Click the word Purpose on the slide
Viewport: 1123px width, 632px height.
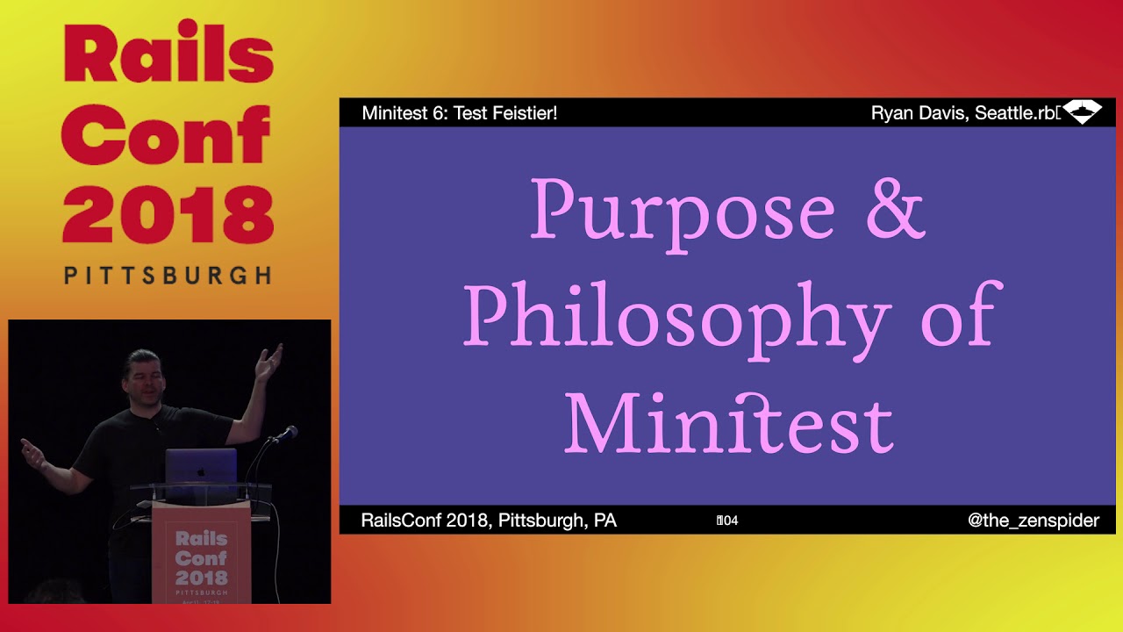(682, 211)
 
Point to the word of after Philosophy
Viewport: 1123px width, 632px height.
(961, 314)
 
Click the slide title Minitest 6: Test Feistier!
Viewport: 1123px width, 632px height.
(459, 113)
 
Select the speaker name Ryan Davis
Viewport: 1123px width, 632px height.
(918, 113)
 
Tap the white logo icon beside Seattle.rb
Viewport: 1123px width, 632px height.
(1082, 112)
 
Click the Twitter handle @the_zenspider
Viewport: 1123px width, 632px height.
(1033, 521)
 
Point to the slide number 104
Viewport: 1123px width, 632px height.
(727, 521)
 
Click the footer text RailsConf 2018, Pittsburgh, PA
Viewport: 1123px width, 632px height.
(489, 521)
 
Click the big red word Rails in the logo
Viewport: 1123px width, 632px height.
(168, 55)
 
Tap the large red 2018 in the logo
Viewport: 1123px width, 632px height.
(168, 216)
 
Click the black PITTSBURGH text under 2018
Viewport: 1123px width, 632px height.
(168, 276)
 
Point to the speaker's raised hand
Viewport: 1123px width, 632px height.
(269, 361)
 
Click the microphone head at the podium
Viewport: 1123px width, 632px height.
(289, 432)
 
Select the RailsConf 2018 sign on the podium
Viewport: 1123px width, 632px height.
(201, 557)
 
